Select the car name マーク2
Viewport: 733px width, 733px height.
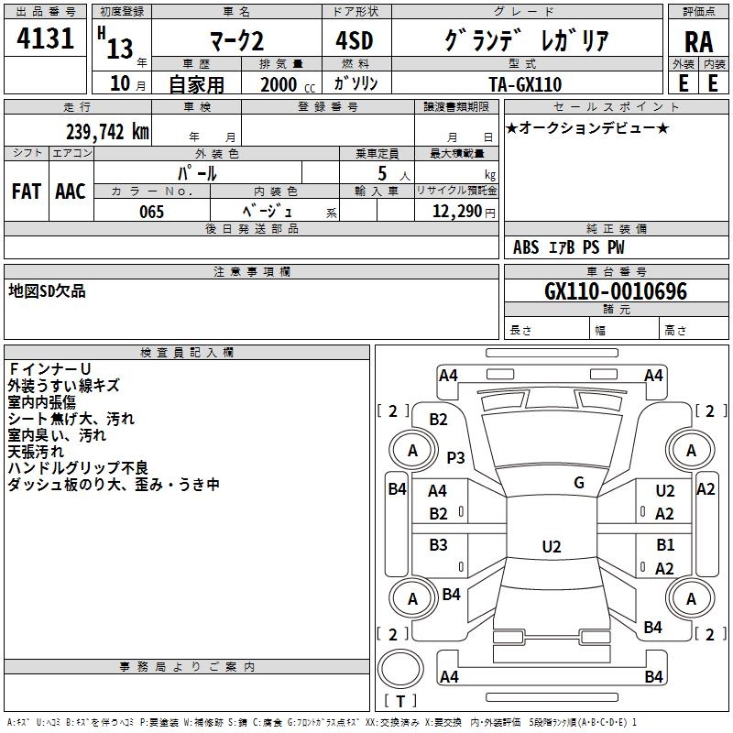[x=236, y=40]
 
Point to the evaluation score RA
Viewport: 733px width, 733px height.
[x=698, y=41]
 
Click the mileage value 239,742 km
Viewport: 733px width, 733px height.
[x=107, y=131]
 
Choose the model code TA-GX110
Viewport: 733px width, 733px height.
[x=526, y=83]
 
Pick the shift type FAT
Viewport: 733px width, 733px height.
[x=26, y=191]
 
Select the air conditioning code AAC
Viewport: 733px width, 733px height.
[x=71, y=191]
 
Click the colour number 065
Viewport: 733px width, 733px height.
[x=151, y=212]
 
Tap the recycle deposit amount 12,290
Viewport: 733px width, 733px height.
[x=455, y=212]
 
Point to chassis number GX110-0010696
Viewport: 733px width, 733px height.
[x=615, y=292]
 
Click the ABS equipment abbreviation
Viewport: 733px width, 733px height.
[x=526, y=247]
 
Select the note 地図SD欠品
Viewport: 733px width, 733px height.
[x=48, y=290]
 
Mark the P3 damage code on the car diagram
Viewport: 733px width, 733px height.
[x=455, y=457]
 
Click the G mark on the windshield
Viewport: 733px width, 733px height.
[x=579, y=483]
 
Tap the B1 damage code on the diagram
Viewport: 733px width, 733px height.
[x=665, y=545]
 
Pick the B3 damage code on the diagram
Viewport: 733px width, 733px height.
[x=439, y=545]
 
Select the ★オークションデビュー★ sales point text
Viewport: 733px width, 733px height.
[x=586, y=127]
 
